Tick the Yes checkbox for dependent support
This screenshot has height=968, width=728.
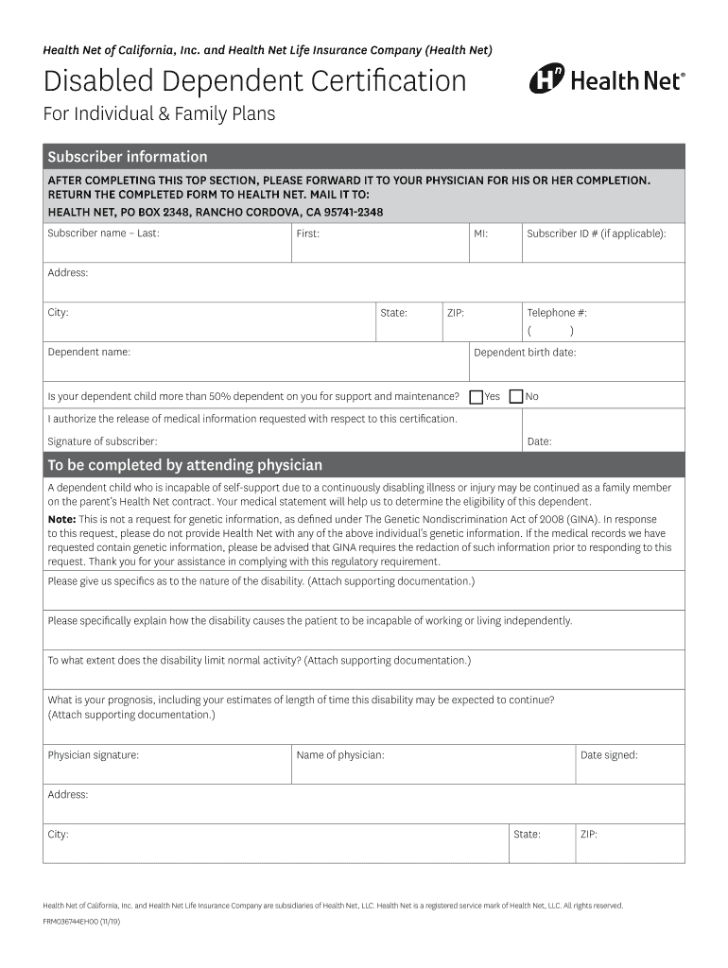(477, 396)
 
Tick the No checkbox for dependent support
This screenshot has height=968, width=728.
(516, 396)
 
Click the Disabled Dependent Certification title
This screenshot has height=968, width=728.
(254, 81)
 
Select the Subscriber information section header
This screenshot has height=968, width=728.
(128, 157)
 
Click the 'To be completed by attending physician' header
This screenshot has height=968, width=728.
(185, 465)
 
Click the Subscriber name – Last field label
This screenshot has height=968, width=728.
(103, 233)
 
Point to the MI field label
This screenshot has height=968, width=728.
(480, 233)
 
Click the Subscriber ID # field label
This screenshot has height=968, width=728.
(596, 233)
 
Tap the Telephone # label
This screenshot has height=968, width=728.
(557, 312)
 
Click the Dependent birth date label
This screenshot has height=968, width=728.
(525, 353)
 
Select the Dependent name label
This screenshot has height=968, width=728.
(89, 352)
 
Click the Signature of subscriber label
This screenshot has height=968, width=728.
(102, 441)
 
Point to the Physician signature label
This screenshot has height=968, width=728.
(94, 754)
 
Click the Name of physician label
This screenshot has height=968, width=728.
(340, 754)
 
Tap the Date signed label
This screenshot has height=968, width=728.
(609, 754)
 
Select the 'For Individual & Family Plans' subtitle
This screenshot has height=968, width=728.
(159, 114)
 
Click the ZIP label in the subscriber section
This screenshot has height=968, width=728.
(455, 312)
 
